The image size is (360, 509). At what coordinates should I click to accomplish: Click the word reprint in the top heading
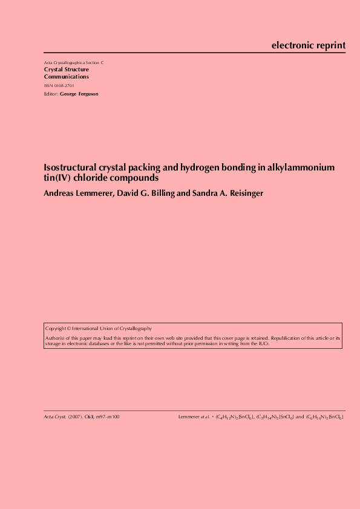tap(329, 45)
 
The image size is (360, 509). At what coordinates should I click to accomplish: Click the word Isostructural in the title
tap(71, 167)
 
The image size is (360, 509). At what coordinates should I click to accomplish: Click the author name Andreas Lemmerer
tap(76, 193)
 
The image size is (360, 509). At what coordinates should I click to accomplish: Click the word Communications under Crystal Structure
tap(67, 77)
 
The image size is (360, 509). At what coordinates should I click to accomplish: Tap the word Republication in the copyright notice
tap(293, 338)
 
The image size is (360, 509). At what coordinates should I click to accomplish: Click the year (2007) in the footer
tap(75, 417)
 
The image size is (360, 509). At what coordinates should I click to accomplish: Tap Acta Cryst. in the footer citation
tap(54, 417)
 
